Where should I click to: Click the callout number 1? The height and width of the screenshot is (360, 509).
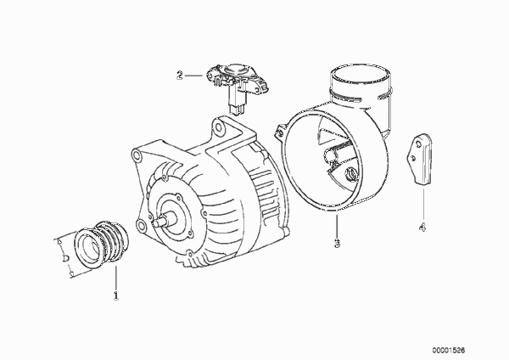click(115, 295)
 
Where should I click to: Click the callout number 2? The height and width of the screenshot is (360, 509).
click(180, 76)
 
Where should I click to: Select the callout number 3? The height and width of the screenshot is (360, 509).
click(337, 242)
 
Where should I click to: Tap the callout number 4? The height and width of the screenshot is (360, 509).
click(422, 227)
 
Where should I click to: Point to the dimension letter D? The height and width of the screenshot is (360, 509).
click(65, 259)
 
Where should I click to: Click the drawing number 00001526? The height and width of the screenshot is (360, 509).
click(448, 351)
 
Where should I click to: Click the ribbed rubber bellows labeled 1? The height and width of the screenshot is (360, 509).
click(101, 244)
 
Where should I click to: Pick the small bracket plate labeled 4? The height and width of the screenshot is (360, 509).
click(419, 160)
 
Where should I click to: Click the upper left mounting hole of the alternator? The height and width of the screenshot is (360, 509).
click(137, 155)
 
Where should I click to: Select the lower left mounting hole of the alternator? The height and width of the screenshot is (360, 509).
click(141, 225)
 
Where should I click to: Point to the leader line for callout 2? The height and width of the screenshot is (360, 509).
click(193, 76)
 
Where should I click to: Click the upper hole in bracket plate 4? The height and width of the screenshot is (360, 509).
click(419, 143)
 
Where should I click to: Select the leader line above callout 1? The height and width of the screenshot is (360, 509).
click(116, 277)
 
